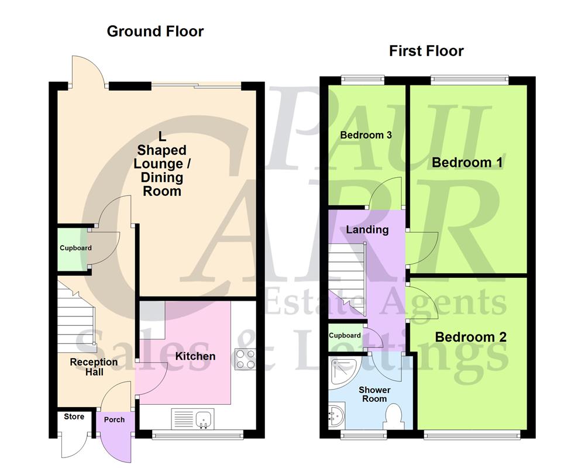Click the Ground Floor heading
tap(155, 32)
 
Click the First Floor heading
tap(426, 51)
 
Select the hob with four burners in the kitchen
tap(244, 359)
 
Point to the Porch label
tap(114, 419)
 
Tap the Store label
tap(74, 417)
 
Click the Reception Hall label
tap(94, 367)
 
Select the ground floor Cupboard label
tap(75, 248)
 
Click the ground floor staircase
tap(76, 316)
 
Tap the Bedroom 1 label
tap(467, 162)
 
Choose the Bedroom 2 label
tap(470, 338)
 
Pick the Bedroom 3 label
tap(366, 135)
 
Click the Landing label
tap(367, 229)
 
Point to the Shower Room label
tap(374, 394)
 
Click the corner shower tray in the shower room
tap(340, 371)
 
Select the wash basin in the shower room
tap(336, 418)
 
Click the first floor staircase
tap(346, 275)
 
